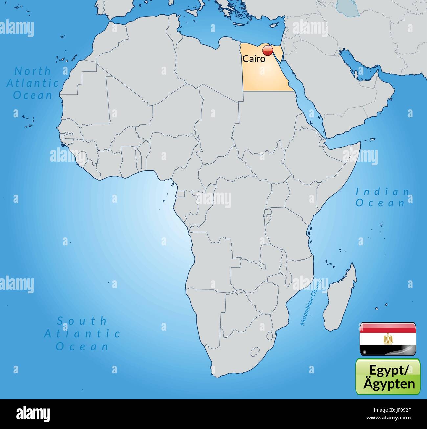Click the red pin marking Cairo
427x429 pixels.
tap(268, 51)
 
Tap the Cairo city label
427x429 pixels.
tap(254, 59)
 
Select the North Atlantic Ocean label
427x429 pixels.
tap(33, 83)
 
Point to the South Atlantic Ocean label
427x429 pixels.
tap(82, 333)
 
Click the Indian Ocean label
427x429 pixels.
tap(382, 197)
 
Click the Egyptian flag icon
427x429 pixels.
tap(388, 339)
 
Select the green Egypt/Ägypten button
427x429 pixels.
tap(388, 376)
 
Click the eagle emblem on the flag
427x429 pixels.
tap(388, 339)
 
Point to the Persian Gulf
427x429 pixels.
tap(360, 69)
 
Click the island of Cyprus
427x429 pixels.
tap(276, 27)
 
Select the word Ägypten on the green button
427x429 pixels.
tap(389, 383)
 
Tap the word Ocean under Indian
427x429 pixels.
tap(380, 203)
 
